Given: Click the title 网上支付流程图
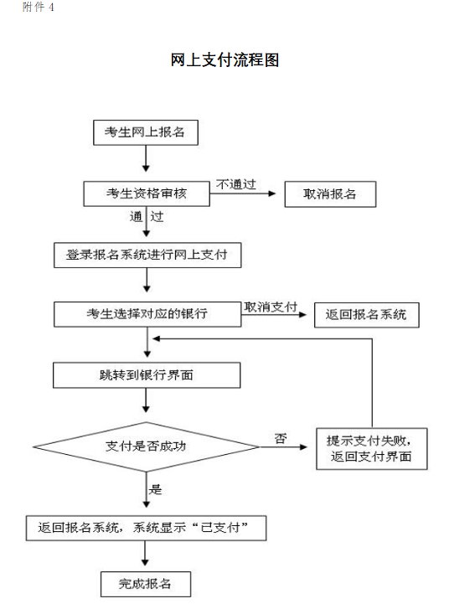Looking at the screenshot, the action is coord(225,59).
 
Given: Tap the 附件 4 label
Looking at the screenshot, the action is coord(38,7).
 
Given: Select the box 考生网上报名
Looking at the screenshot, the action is coord(146,132).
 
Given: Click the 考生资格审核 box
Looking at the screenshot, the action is coord(147,194).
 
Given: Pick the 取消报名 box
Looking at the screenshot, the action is coord(330,194).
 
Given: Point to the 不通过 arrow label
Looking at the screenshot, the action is coord(235,184).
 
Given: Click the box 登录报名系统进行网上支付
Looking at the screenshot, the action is coord(147,255).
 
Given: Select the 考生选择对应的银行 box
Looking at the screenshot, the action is coord(147,314).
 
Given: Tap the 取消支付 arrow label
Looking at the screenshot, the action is coord(271,307).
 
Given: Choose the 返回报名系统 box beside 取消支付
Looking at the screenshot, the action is coord(367,315).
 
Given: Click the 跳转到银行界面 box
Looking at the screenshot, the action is coord(147,375).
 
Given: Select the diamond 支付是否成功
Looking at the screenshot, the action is coord(146,446).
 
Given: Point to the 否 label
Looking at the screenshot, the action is coord(281,438).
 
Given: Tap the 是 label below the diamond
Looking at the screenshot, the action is coord(155,489).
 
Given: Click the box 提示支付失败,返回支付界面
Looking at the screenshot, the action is coord(372,449).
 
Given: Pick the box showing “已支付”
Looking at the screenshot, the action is coord(146,529).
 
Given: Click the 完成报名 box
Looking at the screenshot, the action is coord(146,584).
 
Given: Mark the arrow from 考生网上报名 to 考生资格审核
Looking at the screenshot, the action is coord(146,158).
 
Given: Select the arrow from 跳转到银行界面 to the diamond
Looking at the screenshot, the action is coord(146,400).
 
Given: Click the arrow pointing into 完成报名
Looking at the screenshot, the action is coord(145,554).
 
